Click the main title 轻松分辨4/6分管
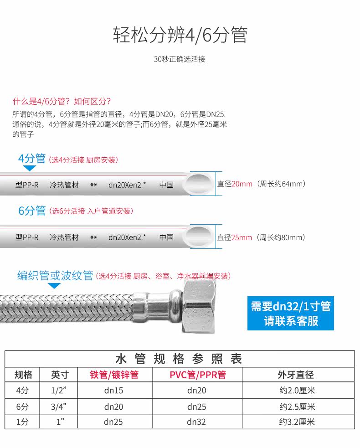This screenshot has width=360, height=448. [x=180, y=35]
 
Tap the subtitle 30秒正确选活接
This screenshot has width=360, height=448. [x=180, y=59]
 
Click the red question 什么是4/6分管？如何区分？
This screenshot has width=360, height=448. [x=62, y=101]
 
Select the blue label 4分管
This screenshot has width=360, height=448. [x=32, y=158]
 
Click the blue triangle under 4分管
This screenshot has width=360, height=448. [x=30, y=168]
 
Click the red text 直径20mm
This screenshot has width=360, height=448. [x=235, y=184]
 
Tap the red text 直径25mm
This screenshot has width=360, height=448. [x=234, y=237]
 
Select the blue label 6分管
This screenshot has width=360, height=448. [x=32, y=211]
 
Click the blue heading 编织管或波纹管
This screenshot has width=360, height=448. [x=55, y=275]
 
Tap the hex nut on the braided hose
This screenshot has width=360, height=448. [x=199, y=306]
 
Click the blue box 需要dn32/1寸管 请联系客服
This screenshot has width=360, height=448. [x=291, y=314]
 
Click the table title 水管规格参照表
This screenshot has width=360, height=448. [x=179, y=359]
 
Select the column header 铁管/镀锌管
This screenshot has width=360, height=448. [x=114, y=375]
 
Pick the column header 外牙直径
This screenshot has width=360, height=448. [x=296, y=375]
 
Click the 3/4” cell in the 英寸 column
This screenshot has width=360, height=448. [x=59, y=407]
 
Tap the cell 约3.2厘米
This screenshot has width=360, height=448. [x=297, y=422]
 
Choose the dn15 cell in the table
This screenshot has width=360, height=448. [x=114, y=391]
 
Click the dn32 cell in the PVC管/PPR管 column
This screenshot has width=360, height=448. [x=196, y=422]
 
